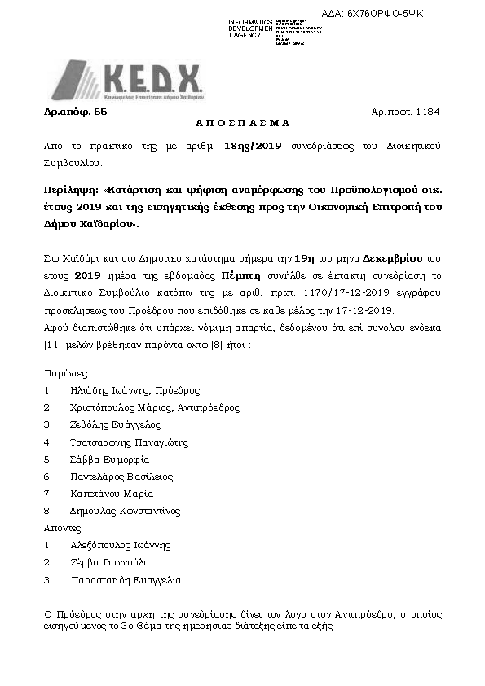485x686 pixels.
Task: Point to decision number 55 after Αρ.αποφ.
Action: (x=101, y=108)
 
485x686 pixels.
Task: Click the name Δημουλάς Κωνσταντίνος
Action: (x=126, y=511)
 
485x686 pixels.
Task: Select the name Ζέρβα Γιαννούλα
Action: (x=109, y=562)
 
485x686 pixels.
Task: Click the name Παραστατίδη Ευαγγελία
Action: (x=126, y=580)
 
